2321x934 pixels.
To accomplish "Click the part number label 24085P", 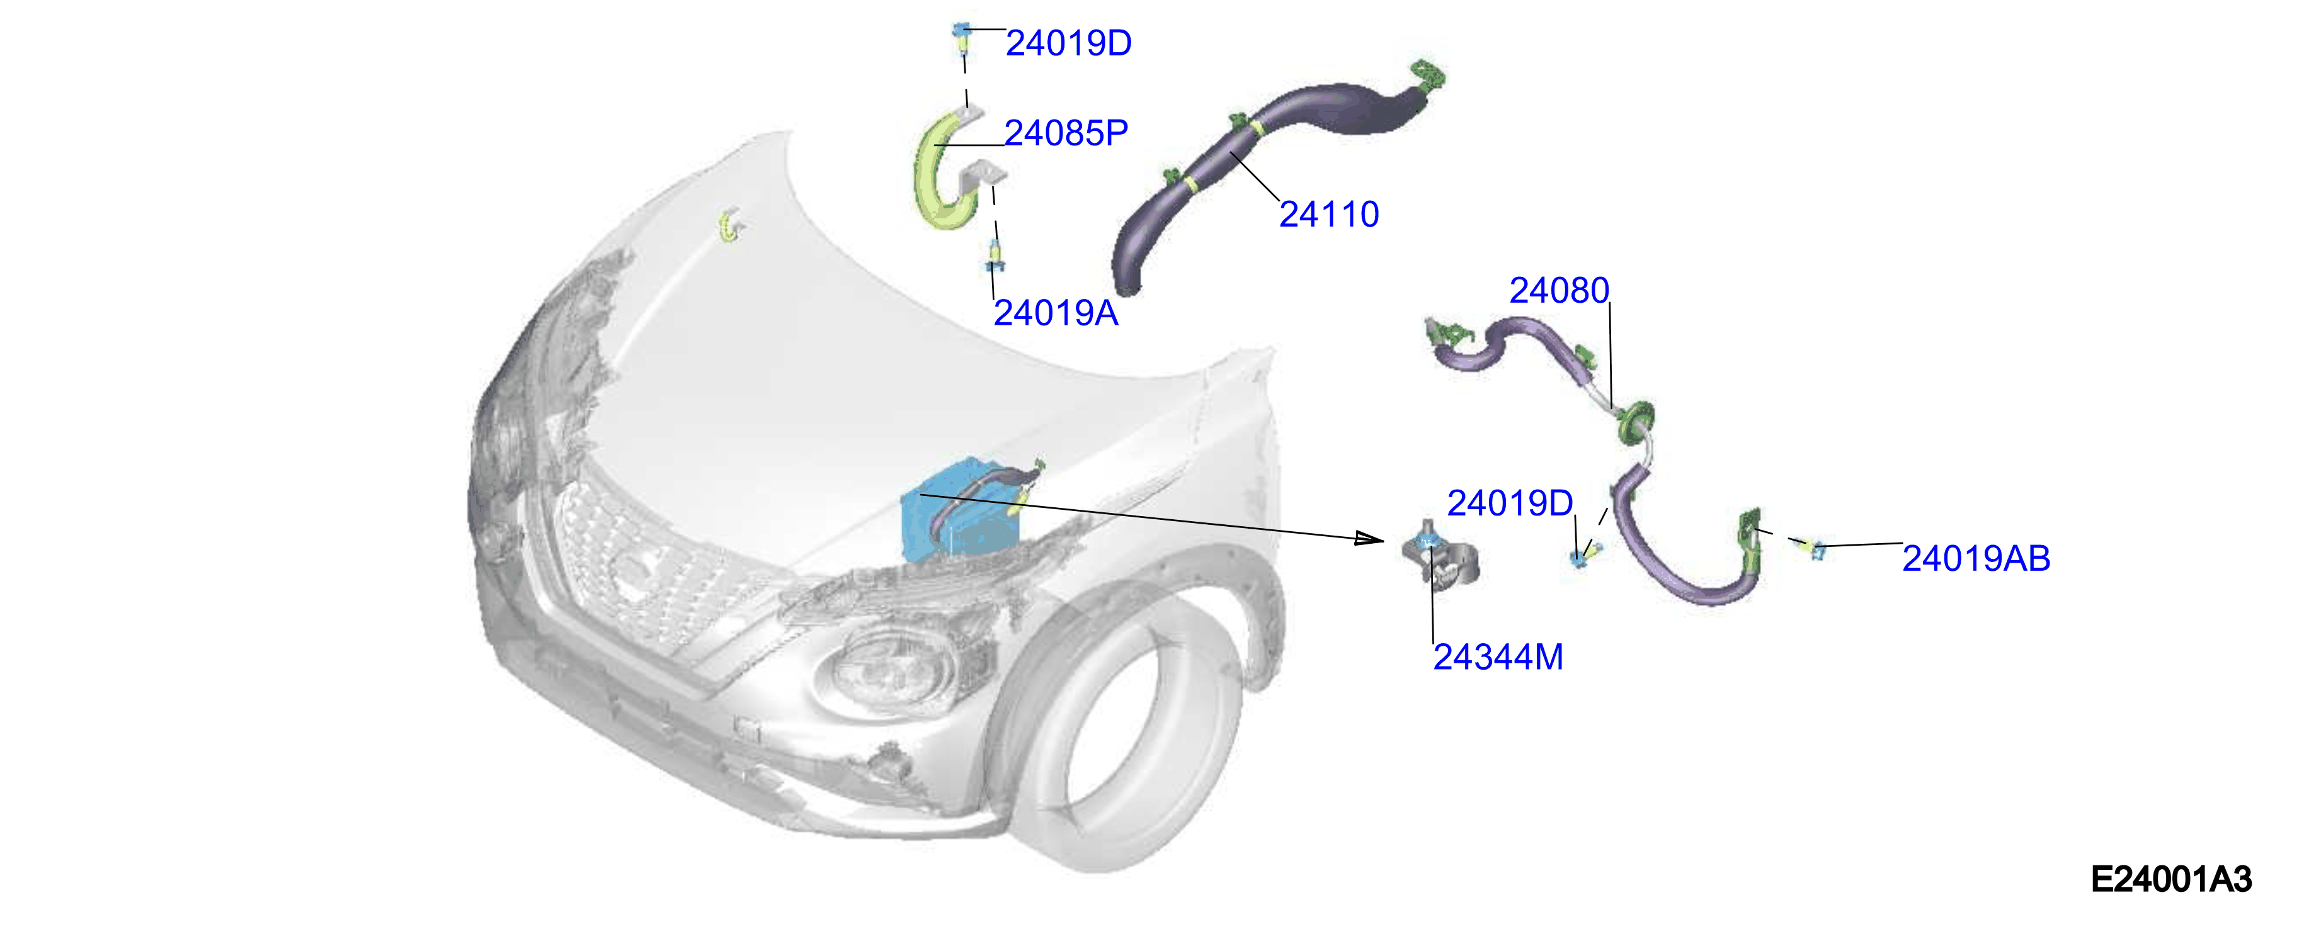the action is [1066, 133].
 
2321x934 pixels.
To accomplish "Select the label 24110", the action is [1329, 215].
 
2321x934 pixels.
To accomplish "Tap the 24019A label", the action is [1055, 313].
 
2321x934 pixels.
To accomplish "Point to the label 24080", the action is [1559, 290].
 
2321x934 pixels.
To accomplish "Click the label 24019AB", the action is [1976, 558].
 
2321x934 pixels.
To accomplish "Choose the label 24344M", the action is [1498, 656].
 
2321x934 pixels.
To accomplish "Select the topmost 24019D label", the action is [1069, 43].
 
